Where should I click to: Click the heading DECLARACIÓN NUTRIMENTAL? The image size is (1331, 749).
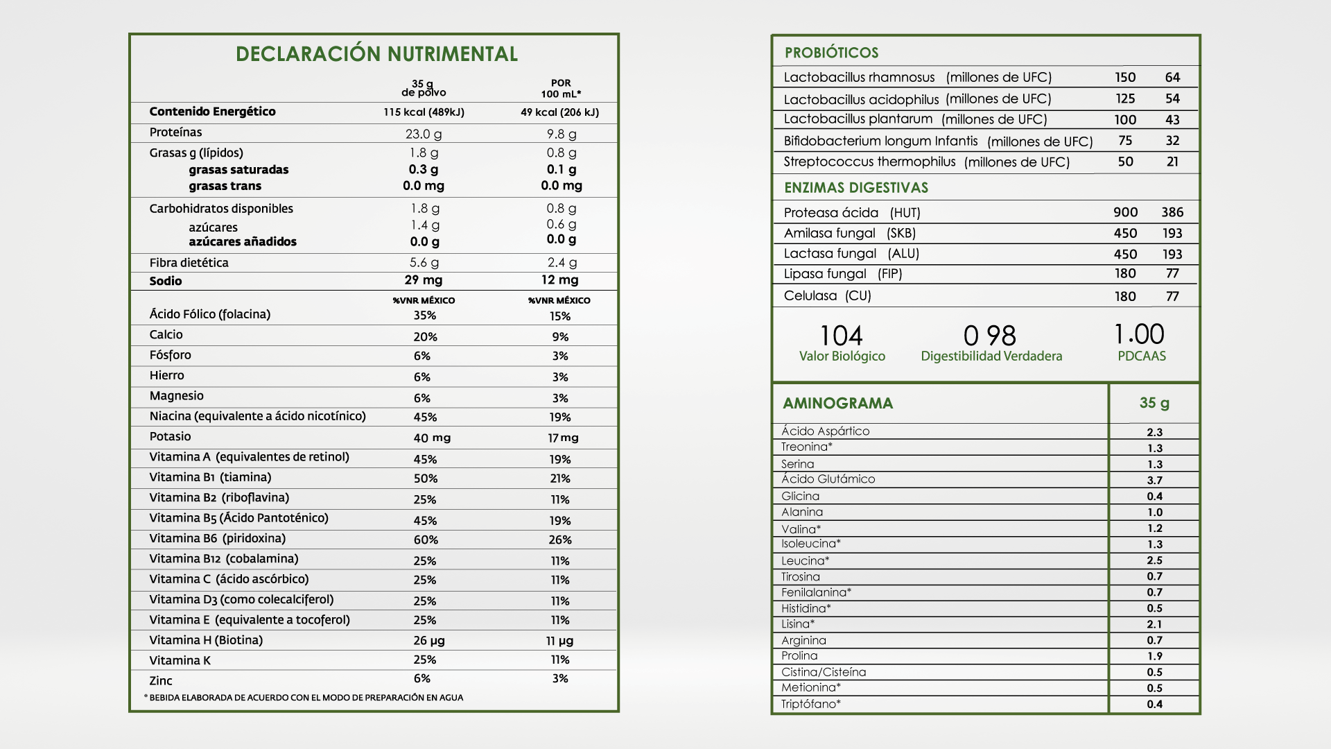tap(376, 54)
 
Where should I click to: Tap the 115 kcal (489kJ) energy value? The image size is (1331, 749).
tap(424, 112)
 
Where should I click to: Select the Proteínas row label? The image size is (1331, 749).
tap(175, 132)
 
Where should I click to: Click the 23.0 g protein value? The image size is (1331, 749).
tap(424, 134)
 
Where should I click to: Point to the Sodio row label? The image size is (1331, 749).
tap(166, 281)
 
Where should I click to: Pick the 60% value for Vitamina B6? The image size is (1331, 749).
tap(426, 540)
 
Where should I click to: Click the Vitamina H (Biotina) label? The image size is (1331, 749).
tap(206, 640)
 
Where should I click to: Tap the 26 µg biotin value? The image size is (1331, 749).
tap(429, 641)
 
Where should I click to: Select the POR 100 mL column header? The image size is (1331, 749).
tap(561, 88)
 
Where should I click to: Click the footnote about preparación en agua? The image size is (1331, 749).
tap(304, 698)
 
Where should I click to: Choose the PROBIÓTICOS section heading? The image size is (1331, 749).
tap(831, 53)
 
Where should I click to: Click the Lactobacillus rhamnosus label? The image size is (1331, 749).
tap(859, 78)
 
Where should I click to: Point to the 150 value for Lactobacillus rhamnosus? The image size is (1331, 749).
tap(1125, 78)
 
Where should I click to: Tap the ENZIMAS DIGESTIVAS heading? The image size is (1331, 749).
tap(856, 188)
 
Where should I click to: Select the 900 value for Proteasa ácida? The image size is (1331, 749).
tap(1125, 212)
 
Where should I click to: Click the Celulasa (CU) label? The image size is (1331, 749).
tap(827, 296)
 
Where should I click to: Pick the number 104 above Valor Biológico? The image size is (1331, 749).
tap(842, 336)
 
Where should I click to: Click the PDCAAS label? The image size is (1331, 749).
tap(1142, 356)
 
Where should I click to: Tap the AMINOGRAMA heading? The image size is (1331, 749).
tap(837, 404)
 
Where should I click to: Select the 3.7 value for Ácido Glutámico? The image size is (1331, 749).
tap(1154, 480)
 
